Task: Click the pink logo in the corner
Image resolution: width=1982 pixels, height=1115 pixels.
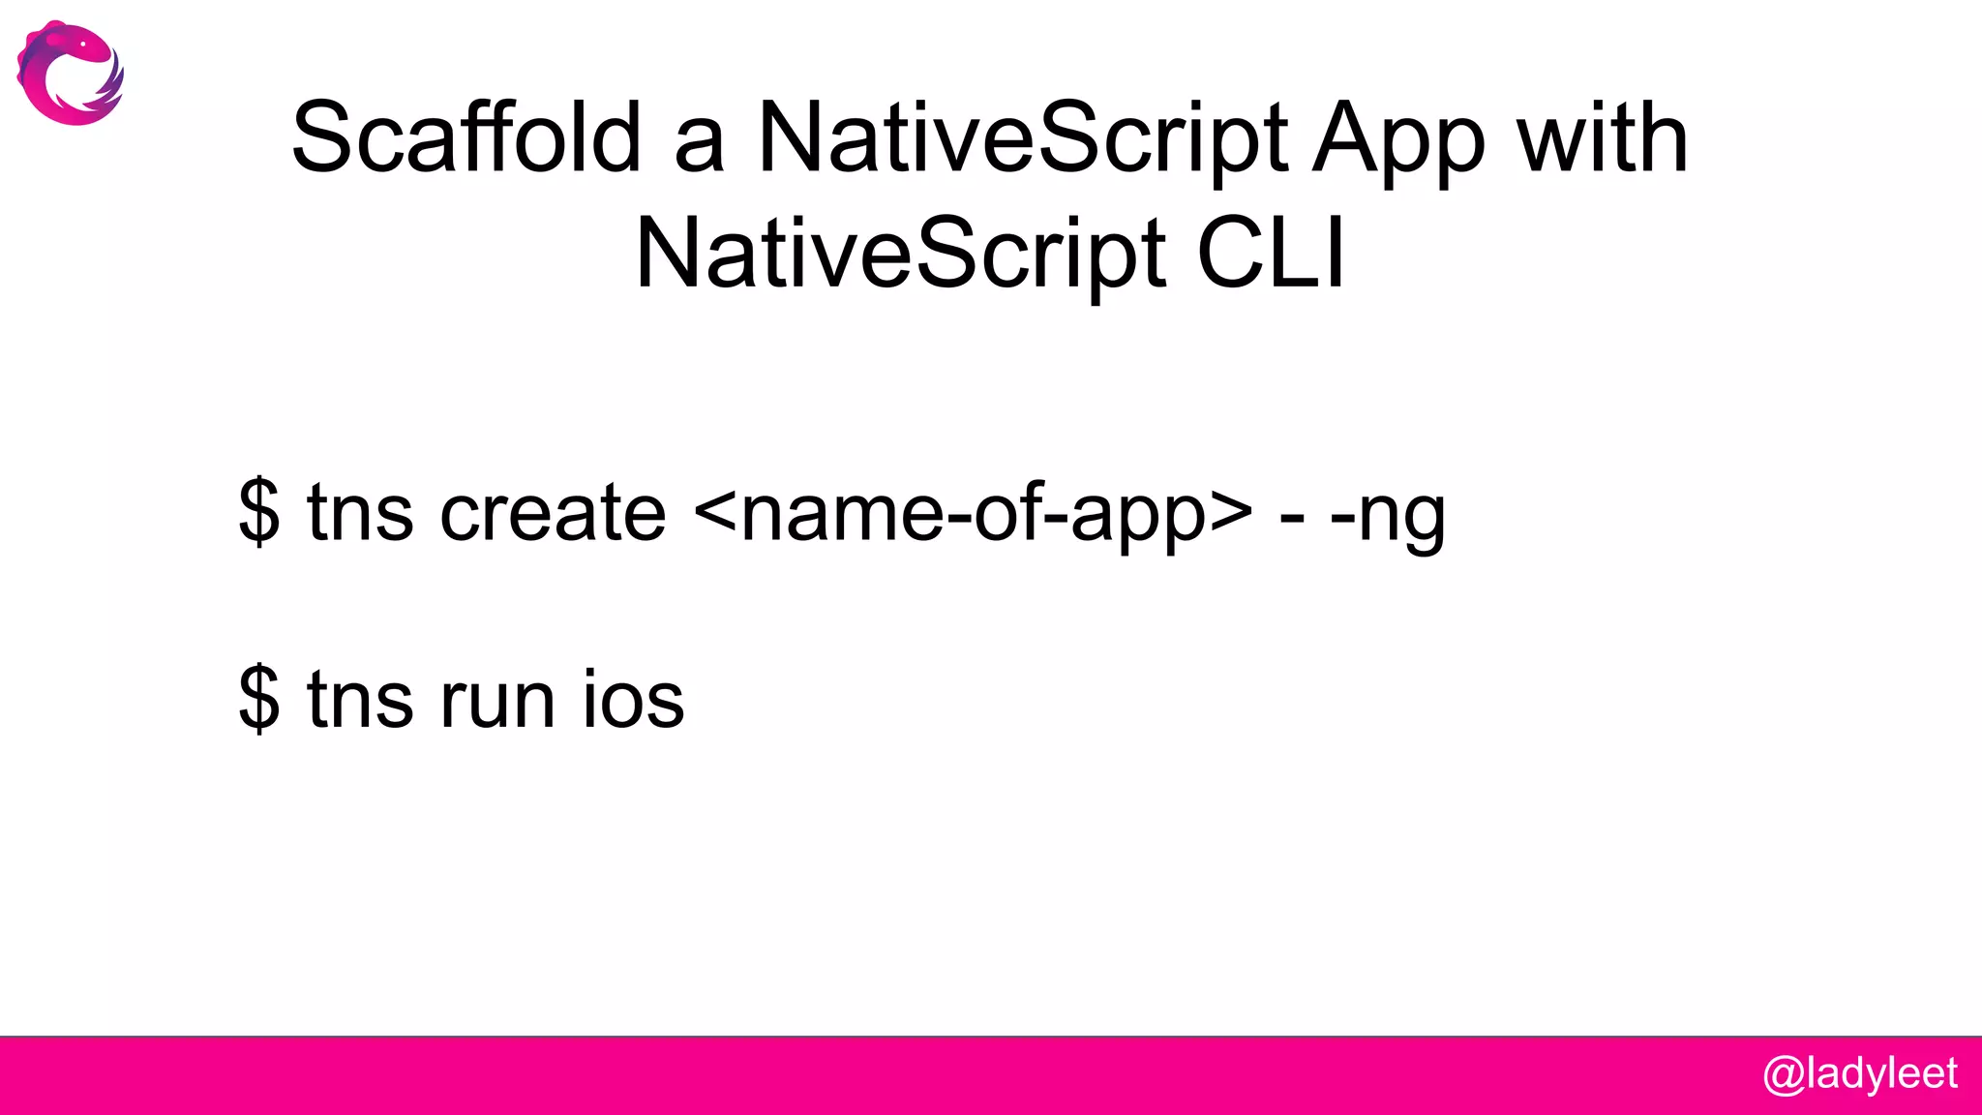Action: tap(70, 74)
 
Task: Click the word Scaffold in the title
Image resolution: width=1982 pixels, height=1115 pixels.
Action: tap(466, 137)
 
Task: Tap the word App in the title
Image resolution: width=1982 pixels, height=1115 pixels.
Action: tap(1397, 139)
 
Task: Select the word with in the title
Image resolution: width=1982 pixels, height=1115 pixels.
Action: tap(1603, 137)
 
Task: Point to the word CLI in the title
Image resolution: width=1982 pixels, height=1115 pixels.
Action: tap(1271, 254)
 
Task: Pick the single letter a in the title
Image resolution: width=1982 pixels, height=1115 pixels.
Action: tap(699, 145)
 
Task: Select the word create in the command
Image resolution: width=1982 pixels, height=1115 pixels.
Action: tap(553, 513)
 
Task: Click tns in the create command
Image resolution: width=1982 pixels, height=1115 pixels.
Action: tap(360, 513)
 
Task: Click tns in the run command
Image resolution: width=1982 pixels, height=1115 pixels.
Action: tap(360, 699)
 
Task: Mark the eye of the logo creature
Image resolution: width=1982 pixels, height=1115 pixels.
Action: tap(84, 44)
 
